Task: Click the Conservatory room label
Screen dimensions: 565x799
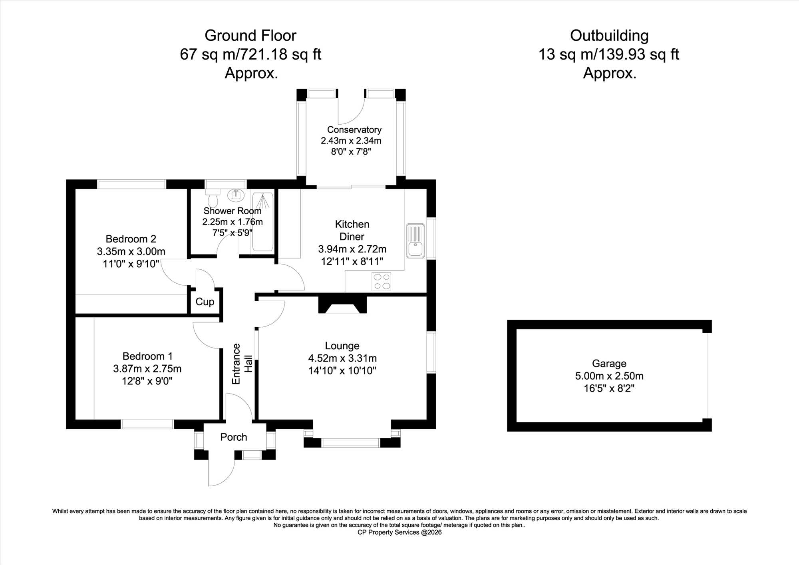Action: [x=354, y=130]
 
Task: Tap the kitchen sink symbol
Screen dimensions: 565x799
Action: [x=415, y=241]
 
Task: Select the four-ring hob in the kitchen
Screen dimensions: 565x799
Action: [x=382, y=281]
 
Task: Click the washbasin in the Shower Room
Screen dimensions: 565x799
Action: [x=236, y=195]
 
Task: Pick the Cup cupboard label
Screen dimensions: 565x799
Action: [x=205, y=302]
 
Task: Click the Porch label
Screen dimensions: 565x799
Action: [x=234, y=437]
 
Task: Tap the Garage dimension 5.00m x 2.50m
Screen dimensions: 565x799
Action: [x=609, y=376]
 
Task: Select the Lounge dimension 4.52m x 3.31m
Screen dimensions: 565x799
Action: [x=342, y=358]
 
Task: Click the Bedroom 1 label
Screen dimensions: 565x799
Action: [x=147, y=356]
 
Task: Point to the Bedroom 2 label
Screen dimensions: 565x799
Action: [x=131, y=239]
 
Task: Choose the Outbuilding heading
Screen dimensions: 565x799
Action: [x=609, y=36]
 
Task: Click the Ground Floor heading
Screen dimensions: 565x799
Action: [x=250, y=36]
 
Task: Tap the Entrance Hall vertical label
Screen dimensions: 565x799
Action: [x=242, y=364]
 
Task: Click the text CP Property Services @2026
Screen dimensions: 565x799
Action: [x=399, y=532]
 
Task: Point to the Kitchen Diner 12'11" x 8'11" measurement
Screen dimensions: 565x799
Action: [x=352, y=261]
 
